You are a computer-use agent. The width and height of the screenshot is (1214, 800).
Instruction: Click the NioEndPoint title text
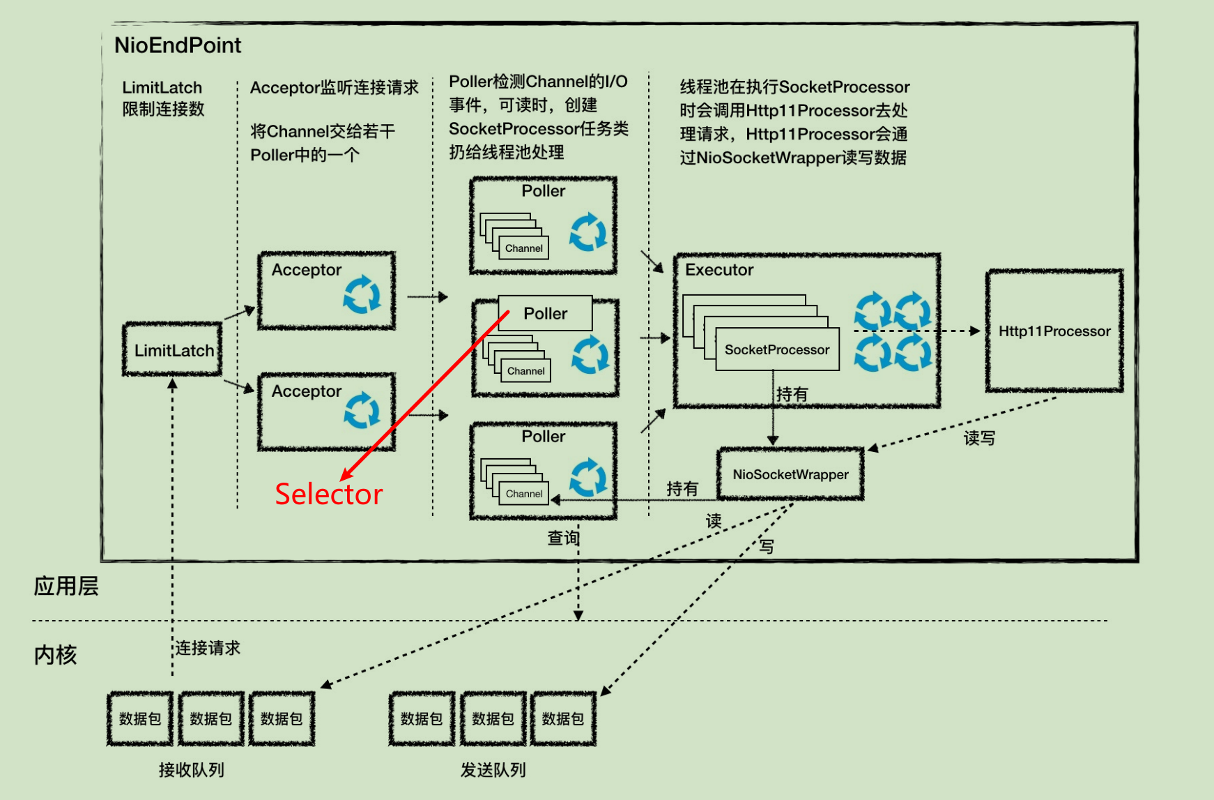pos(178,45)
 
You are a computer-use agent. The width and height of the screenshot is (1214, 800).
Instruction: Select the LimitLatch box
pos(173,350)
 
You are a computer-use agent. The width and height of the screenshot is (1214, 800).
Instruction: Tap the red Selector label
pos(328,494)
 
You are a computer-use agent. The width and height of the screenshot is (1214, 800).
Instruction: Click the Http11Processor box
pos(1054,331)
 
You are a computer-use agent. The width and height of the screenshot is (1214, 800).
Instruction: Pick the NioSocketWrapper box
pos(790,474)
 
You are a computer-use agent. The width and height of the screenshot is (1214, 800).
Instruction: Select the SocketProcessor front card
pos(777,349)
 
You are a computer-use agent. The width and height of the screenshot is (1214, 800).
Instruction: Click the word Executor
pos(719,270)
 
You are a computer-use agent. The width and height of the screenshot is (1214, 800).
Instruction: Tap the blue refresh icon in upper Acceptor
pos(362,294)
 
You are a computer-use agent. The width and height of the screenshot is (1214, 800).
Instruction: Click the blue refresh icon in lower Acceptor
pos(362,410)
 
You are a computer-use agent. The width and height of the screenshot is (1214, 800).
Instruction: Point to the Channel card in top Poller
pos(523,248)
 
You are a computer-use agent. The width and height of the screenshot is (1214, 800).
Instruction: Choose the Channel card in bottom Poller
pos(523,494)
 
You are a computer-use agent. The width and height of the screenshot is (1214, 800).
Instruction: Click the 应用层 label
pos(66,586)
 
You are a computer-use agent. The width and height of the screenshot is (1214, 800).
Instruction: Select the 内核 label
pos(55,655)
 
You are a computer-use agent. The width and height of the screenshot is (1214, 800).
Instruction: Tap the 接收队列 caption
pos(191,770)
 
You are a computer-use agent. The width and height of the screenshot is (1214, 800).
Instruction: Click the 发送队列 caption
pos(493,770)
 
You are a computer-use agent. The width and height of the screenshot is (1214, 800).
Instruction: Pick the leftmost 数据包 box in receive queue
pos(139,718)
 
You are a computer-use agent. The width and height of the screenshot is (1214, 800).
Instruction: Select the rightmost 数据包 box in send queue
pos(562,718)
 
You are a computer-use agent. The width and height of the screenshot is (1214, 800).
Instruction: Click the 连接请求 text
pos(208,648)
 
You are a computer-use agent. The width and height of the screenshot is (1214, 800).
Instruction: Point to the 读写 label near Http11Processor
pos(979,438)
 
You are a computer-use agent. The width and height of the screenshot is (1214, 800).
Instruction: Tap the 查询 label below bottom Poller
pos(563,538)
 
